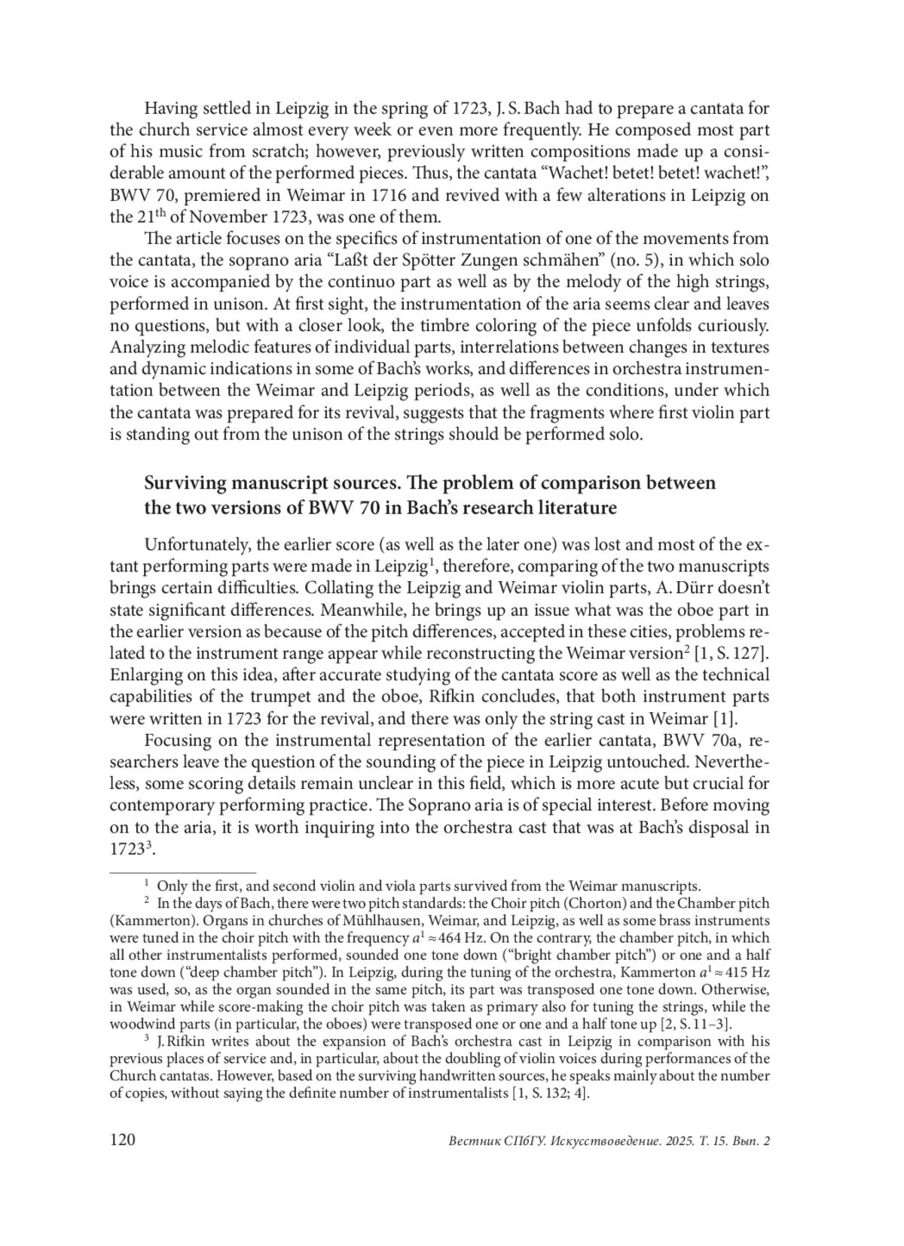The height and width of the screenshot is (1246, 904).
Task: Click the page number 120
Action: point(122,1140)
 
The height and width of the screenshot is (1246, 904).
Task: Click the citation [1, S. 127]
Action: point(731,653)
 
